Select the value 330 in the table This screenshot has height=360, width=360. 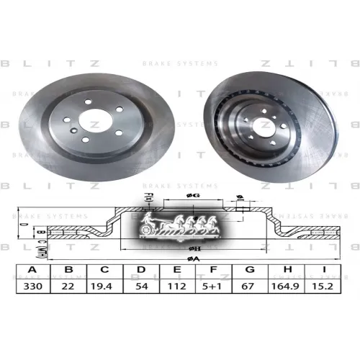pyautogui.click(x=32, y=286)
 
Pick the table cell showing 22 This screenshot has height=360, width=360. pyautogui.click(x=69, y=286)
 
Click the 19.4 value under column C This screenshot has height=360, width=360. pyautogui.click(x=105, y=286)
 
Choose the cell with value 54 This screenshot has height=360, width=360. pyautogui.click(x=140, y=286)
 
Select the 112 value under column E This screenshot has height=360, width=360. pyautogui.click(x=178, y=286)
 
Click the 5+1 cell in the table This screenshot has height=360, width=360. pyautogui.click(x=215, y=286)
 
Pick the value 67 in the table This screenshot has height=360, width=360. pyautogui.click(x=250, y=286)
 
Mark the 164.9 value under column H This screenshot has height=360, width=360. pyautogui.click(x=287, y=286)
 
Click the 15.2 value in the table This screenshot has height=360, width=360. pyautogui.click(x=325, y=286)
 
